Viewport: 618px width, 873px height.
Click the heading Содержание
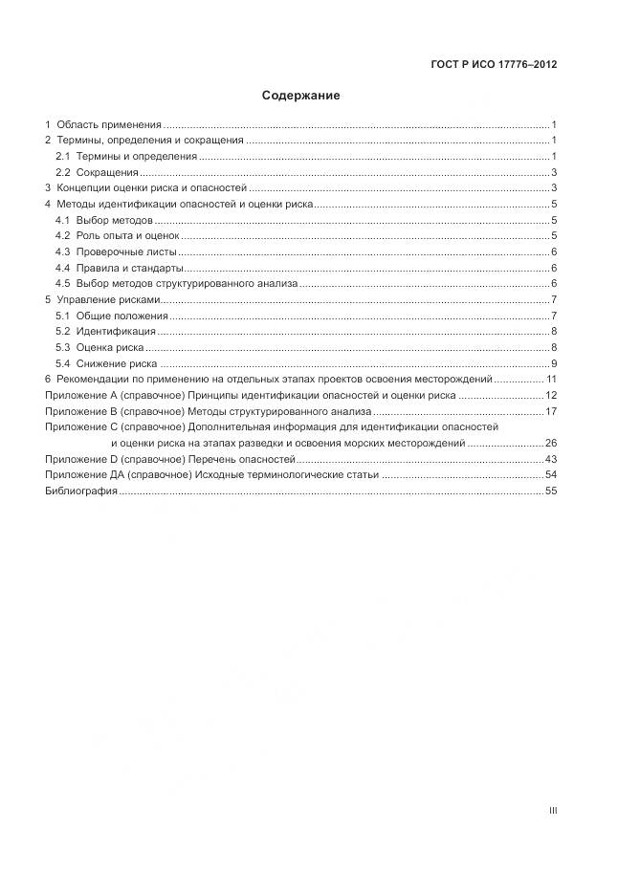click(300, 96)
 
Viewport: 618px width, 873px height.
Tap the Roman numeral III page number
click(553, 810)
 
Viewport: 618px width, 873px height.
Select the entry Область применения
click(108, 125)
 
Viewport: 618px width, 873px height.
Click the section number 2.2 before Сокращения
click(63, 173)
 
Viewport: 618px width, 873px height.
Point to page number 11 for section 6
click(551, 380)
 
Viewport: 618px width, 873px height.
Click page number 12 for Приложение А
click(551, 396)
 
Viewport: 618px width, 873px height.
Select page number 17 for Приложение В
click(551, 411)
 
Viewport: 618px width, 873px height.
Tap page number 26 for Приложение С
click(551, 444)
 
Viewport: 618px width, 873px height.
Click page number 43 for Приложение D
click(551, 460)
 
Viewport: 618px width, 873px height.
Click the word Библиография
click(80, 491)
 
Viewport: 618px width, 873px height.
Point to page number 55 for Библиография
click(551, 491)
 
